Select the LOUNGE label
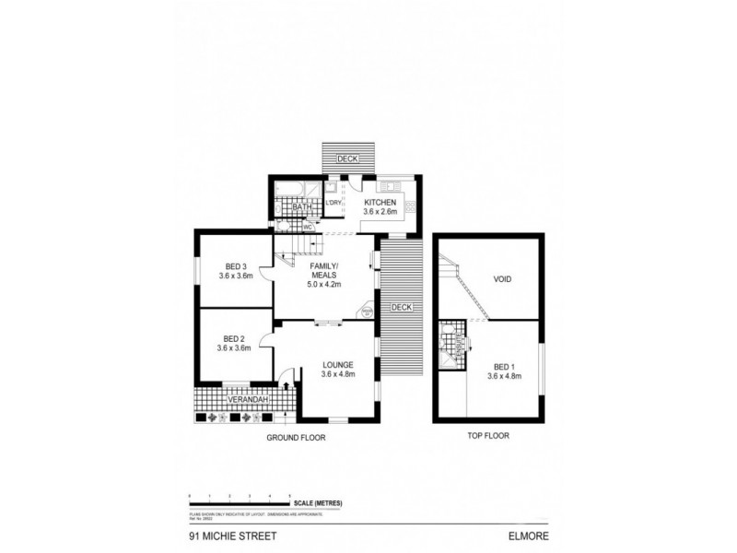point(337,363)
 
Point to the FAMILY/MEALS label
point(323,270)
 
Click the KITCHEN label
point(380,202)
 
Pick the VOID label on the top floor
point(502,278)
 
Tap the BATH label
point(300,207)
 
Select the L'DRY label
point(333,202)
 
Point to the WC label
point(308,225)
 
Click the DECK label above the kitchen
point(347,159)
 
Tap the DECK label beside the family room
point(402,307)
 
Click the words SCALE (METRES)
point(318,501)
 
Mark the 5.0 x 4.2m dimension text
point(323,285)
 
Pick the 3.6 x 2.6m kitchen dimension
point(380,212)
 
